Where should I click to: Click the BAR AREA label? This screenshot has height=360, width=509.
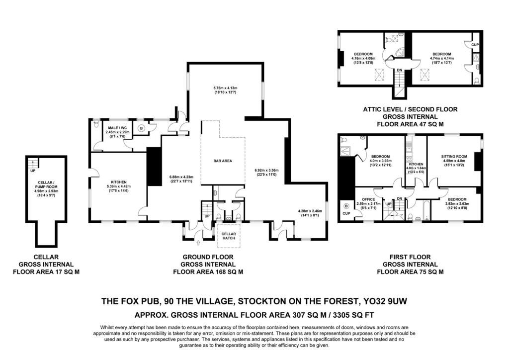pyautogui.click(x=223, y=161)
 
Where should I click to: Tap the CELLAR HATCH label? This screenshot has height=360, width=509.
pyautogui.click(x=229, y=236)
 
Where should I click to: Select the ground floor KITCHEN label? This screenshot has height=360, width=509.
pyautogui.click(x=118, y=182)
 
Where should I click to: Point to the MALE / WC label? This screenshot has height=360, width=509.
pyautogui.click(x=117, y=128)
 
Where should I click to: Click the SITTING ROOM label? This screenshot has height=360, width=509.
pyautogui.click(x=454, y=157)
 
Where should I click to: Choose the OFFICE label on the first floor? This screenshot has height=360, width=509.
pyautogui.click(x=368, y=199)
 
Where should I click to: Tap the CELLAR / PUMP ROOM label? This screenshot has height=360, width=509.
pyautogui.click(x=46, y=184)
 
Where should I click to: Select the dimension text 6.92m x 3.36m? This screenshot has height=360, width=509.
pyautogui.click(x=267, y=170)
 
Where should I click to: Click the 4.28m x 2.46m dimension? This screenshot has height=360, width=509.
pyautogui.click(x=310, y=211)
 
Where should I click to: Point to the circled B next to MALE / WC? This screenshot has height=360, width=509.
pyautogui.click(x=141, y=128)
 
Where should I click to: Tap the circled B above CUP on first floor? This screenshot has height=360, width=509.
pyautogui.click(x=346, y=206)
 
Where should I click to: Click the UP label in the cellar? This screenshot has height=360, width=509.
pyautogui.click(x=33, y=171)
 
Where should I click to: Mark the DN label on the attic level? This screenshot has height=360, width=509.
pyautogui.click(x=399, y=70)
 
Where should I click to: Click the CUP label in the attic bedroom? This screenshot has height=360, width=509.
pyautogui.click(x=475, y=45)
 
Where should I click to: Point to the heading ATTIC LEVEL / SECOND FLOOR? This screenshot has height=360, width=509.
pyautogui.click(x=410, y=109)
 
